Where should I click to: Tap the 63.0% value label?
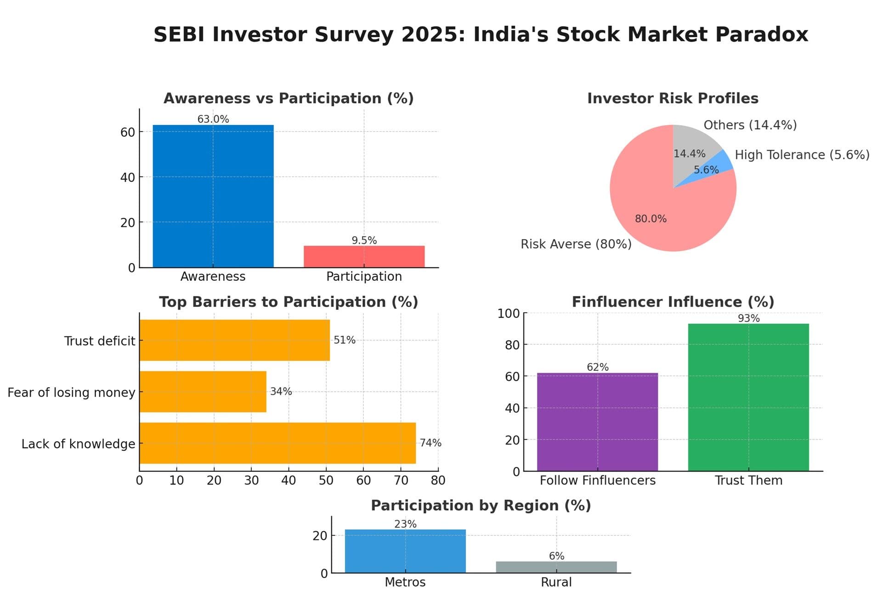click(213, 119)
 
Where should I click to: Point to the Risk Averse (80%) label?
click(576, 244)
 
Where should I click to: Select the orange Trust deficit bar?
click(234, 340)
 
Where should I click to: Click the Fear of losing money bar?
click(203, 392)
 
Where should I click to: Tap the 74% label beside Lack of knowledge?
click(430, 443)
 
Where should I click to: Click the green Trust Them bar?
click(748, 397)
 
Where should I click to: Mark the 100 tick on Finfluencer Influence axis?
click(509, 313)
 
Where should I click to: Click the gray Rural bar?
click(556, 567)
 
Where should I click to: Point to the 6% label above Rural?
click(556, 556)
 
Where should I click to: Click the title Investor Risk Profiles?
click(673, 98)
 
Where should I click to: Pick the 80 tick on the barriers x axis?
click(438, 480)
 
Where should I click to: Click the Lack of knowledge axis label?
click(78, 443)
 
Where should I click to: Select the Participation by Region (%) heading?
click(481, 505)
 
